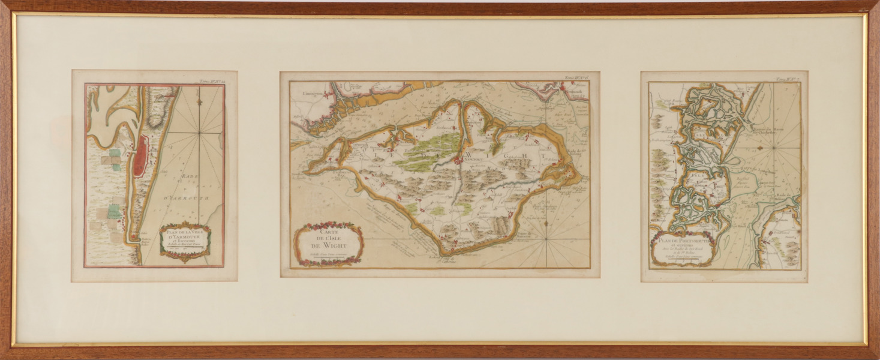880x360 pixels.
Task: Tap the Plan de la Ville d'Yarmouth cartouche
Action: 185,242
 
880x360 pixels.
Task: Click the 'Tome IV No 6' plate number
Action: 575,77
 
